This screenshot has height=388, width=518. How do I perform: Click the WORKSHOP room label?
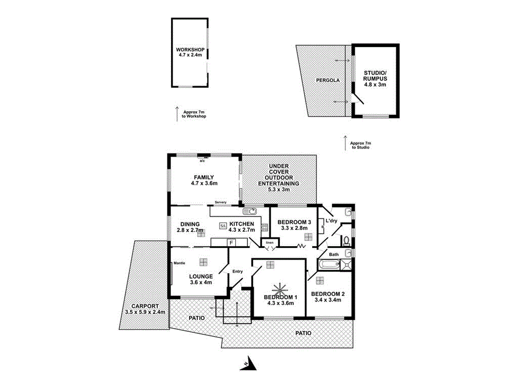click(190, 50)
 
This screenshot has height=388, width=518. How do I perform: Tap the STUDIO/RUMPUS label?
click(375, 76)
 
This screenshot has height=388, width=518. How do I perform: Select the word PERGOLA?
click(328, 80)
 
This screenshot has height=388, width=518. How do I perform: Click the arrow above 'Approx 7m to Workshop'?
click(177, 114)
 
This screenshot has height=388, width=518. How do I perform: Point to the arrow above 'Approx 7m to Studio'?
click(344, 142)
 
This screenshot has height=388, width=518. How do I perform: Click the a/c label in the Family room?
click(202, 161)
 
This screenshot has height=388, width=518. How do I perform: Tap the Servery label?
click(220, 203)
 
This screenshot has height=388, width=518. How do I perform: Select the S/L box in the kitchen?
click(223, 226)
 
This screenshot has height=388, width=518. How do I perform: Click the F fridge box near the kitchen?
click(231, 243)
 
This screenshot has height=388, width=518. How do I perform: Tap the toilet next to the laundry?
click(346, 239)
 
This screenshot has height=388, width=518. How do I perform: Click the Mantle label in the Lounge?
click(179, 263)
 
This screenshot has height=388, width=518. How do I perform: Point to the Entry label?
click(238, 271)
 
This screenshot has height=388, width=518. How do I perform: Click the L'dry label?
click(331, 221)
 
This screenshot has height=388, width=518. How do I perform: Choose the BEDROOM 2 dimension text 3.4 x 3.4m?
click(328, 300)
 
